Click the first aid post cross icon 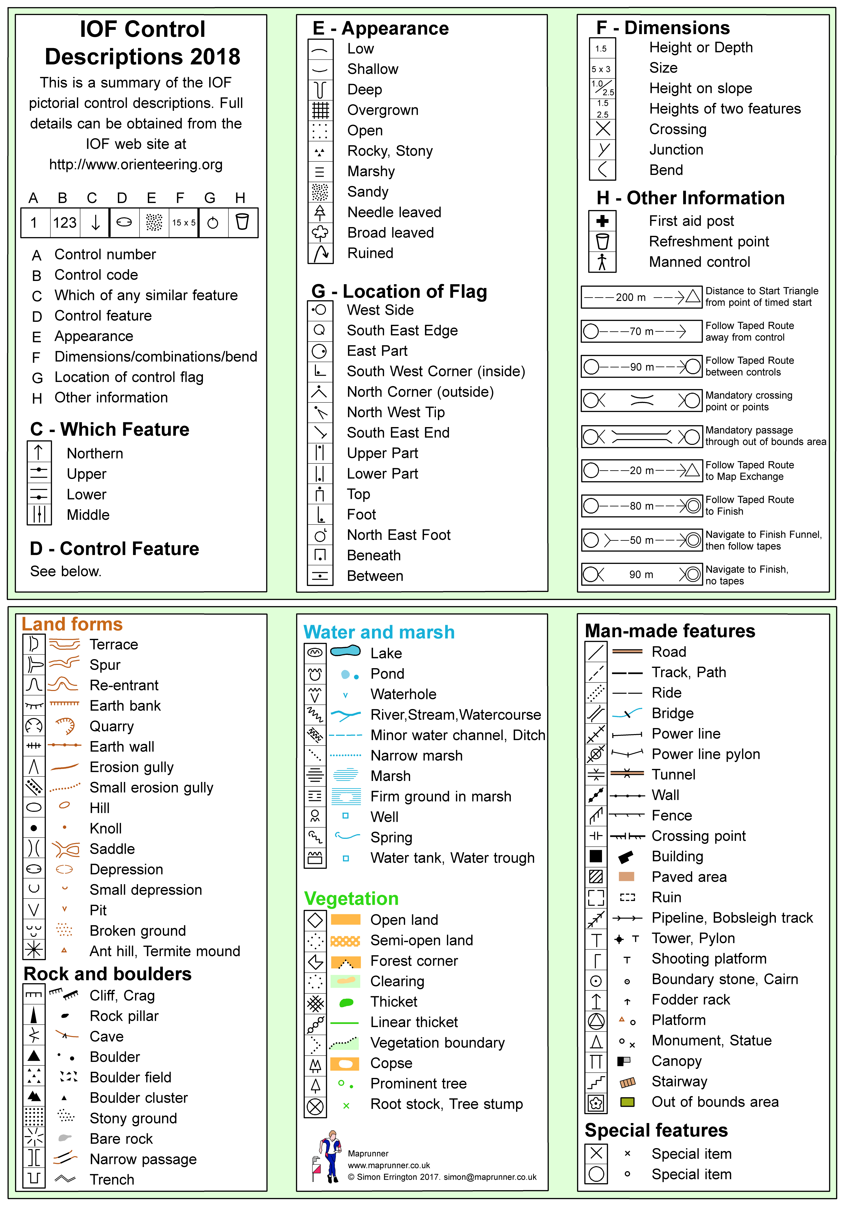pos(602,221)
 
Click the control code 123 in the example pos(65,223)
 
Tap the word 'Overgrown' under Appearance pos(383,110)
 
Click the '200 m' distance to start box pos(641,297)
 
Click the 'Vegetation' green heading pos(351,899)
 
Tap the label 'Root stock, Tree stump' pos(446,1104)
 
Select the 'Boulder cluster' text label pos(139,1098)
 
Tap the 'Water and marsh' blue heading pos(379,632)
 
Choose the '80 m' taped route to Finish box pos(641,506)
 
